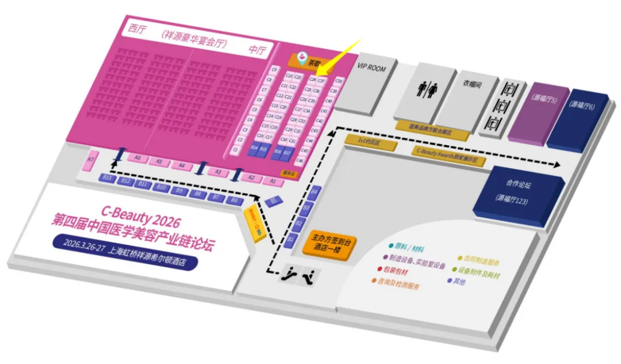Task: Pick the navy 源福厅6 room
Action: (x=582, y=106)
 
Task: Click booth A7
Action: (x=90, y=159)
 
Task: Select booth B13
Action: (x=107, y=178)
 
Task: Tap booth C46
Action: (x=300, y=160)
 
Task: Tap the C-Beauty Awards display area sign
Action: (x=447, y=155)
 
